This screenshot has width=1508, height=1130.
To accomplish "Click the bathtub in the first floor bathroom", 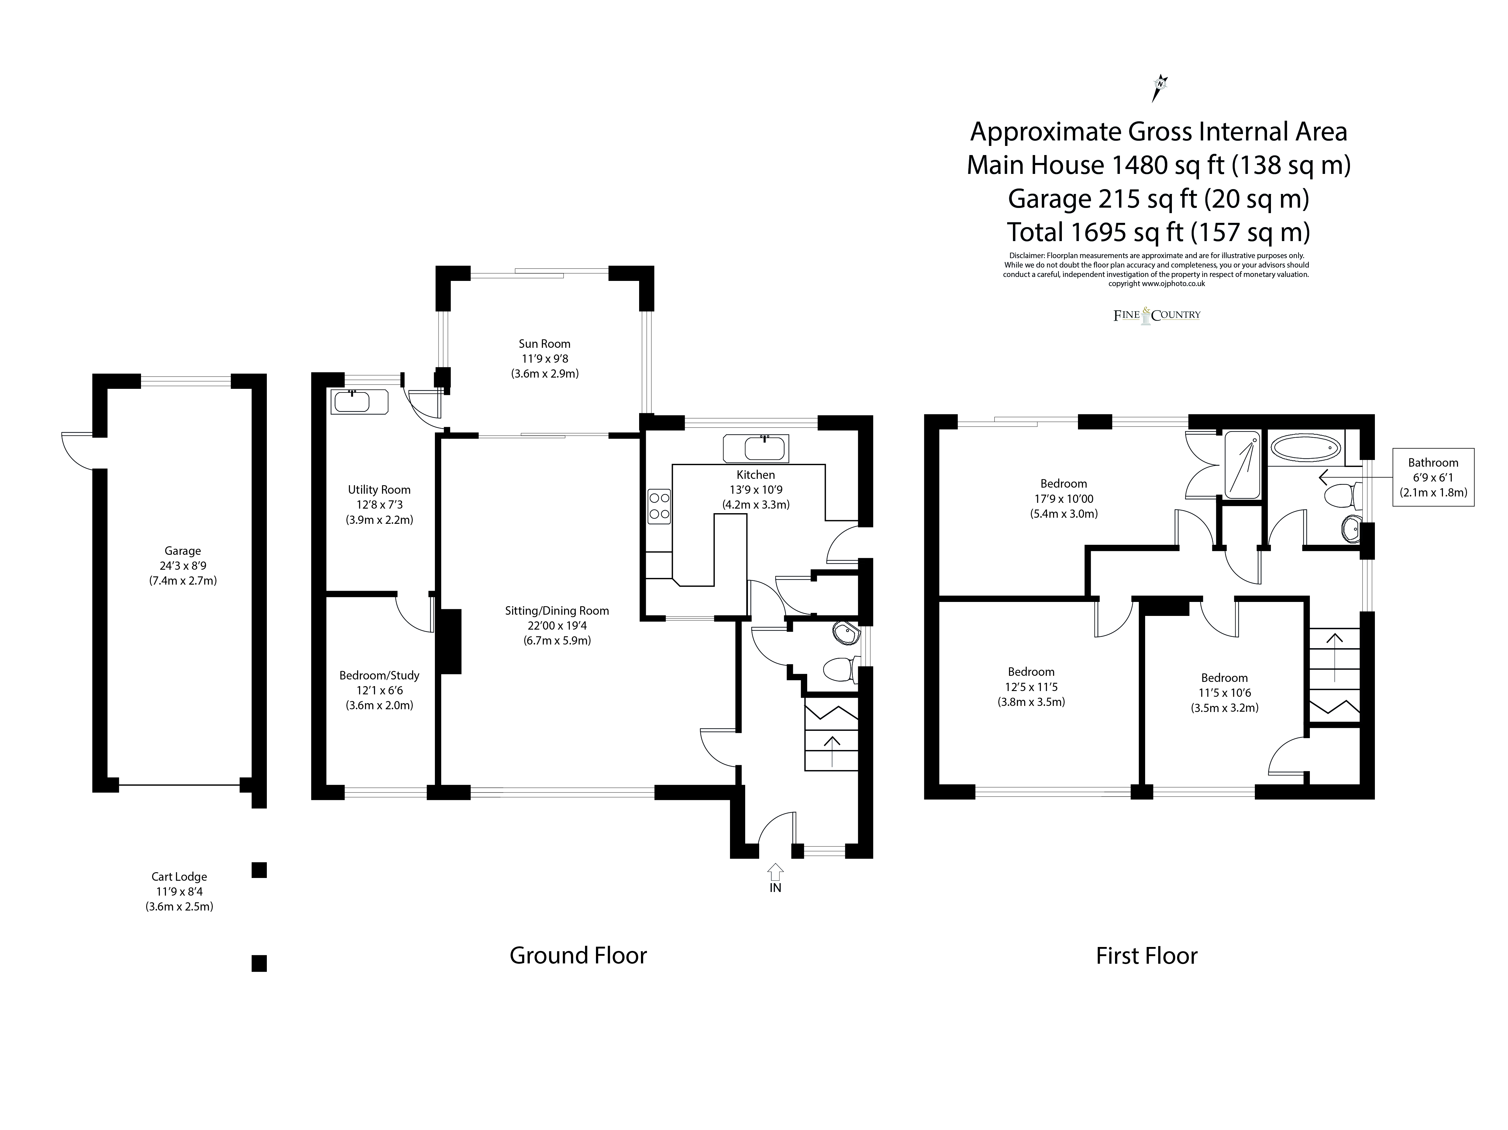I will pyautogui.click(x=1306, y=448).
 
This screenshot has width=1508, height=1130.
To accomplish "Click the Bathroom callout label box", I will pyautogui.click(x=1433, y=477).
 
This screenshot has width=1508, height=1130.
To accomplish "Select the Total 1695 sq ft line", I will pyautogui.click(x=1158, y=233).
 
